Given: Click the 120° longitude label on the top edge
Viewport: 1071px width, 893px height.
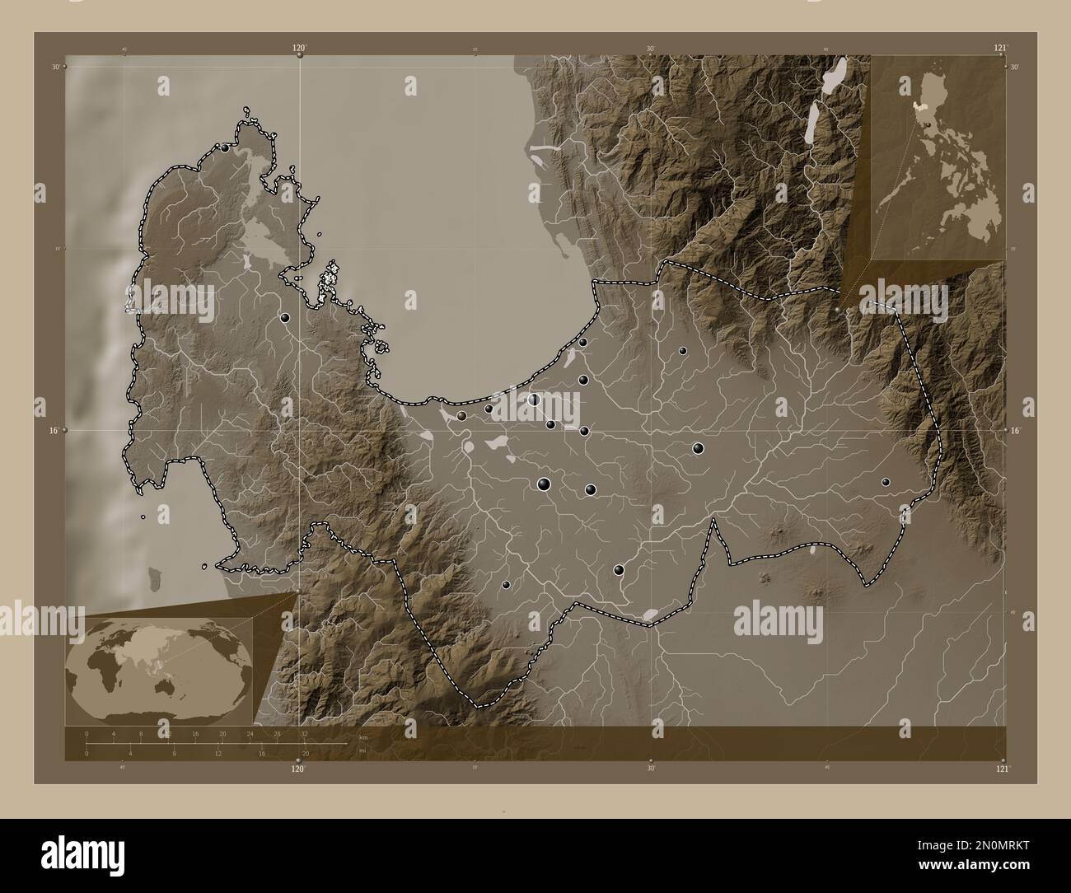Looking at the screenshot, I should tap(299, 49).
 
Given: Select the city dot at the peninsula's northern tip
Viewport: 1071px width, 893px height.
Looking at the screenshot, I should tap(225, 148).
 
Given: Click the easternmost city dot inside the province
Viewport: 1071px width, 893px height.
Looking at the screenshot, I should tap(886, 482).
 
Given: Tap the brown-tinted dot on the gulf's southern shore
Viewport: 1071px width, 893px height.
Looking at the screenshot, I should tap(461, 416).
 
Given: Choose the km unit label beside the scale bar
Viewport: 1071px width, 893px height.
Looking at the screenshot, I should tap(362, 736).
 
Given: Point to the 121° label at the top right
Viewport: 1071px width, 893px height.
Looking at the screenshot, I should tap(1000, 49).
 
